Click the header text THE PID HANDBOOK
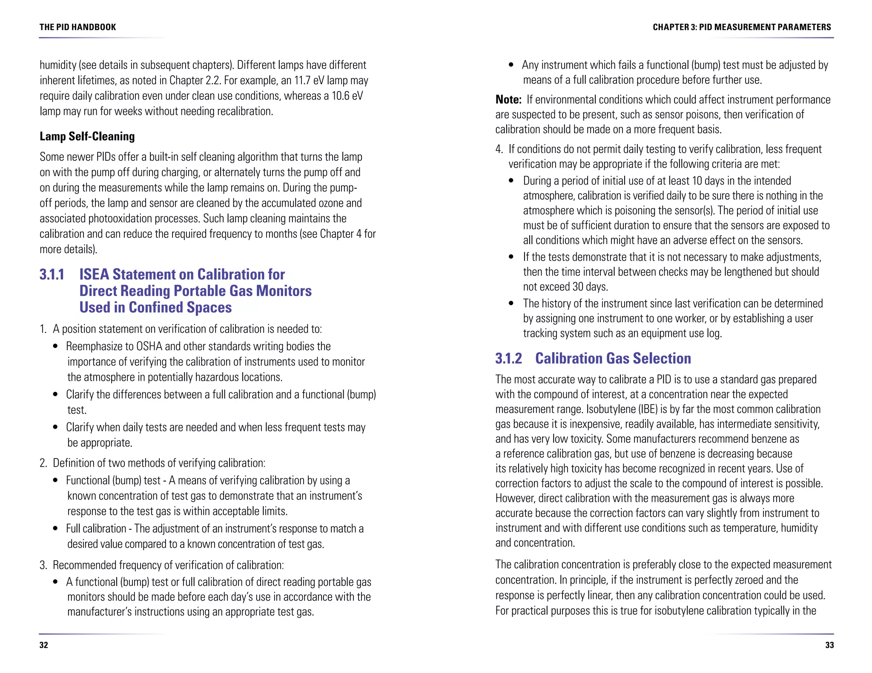pyautogui.click(x=77, y=27)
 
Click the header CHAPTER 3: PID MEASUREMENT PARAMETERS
pyautogui.click(x=742, y=27)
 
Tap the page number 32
pyautogui.click(x=43, y=645)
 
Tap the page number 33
pyautogui.click(x=829, y=645)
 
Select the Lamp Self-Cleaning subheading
pyautogui.click(x=87, y=136)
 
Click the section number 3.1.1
pyautogui.click(x=52, y=274)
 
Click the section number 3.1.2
pyautogui.click(x=508, y=358)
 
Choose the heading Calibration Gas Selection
pyautogui.click(x=613, y=358)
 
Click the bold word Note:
pyautogui.click(x=508, y=100)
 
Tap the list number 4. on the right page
pyautogui.click(x=499, y=149)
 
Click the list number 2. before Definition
pyautogui.click(x=43, y=463)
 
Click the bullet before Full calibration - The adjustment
pyautogui.click(x=55, y=529)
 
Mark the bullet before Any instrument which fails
pyautogui.click(x=511, y=65)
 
